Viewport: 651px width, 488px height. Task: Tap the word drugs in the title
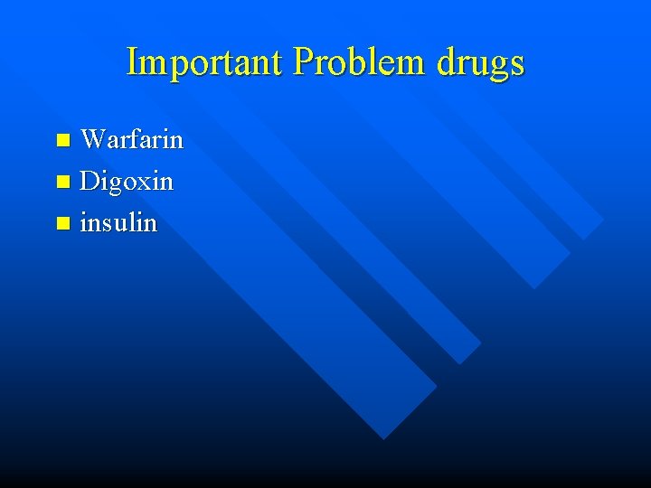[x=481, y=63]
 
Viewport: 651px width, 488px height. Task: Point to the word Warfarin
[x=132, y=139]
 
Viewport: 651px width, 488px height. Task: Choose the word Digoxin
[x=127, y=181]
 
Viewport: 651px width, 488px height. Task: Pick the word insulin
[x=118, y=221]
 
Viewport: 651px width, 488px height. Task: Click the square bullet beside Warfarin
[x=62, y=140]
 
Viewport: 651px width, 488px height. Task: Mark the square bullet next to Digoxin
[x=62, y=182]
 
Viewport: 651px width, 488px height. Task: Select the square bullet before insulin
[x=62, y=222]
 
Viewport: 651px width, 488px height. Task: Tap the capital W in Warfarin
[x=93, y=139]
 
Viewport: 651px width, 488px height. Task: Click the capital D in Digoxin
[x=90, y=181]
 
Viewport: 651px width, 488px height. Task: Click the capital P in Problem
[x=305, y=61]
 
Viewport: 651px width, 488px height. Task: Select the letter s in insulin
[x=108, y=223]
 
